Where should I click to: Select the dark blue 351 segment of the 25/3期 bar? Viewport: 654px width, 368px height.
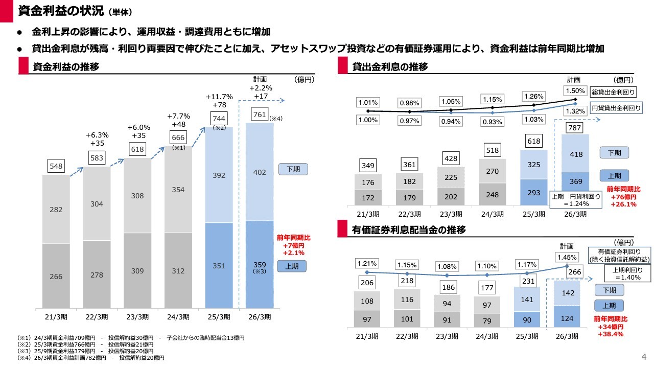219,266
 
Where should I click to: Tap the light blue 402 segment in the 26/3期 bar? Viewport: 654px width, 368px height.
260,173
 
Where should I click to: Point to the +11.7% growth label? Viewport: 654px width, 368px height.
219,96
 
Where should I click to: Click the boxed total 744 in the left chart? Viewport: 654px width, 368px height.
219,118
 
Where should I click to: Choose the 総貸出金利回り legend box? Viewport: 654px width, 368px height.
613,93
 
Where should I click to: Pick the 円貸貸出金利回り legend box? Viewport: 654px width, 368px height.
616,108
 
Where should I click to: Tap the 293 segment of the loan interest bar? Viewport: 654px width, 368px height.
533,193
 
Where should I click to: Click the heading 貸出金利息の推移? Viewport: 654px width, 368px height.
390,67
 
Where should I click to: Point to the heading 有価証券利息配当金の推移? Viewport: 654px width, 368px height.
409,230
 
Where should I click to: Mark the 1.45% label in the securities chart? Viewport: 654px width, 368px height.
568,257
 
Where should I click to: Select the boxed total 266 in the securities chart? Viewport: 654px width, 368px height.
574,272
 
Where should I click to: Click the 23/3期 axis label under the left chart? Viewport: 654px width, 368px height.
137,316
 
